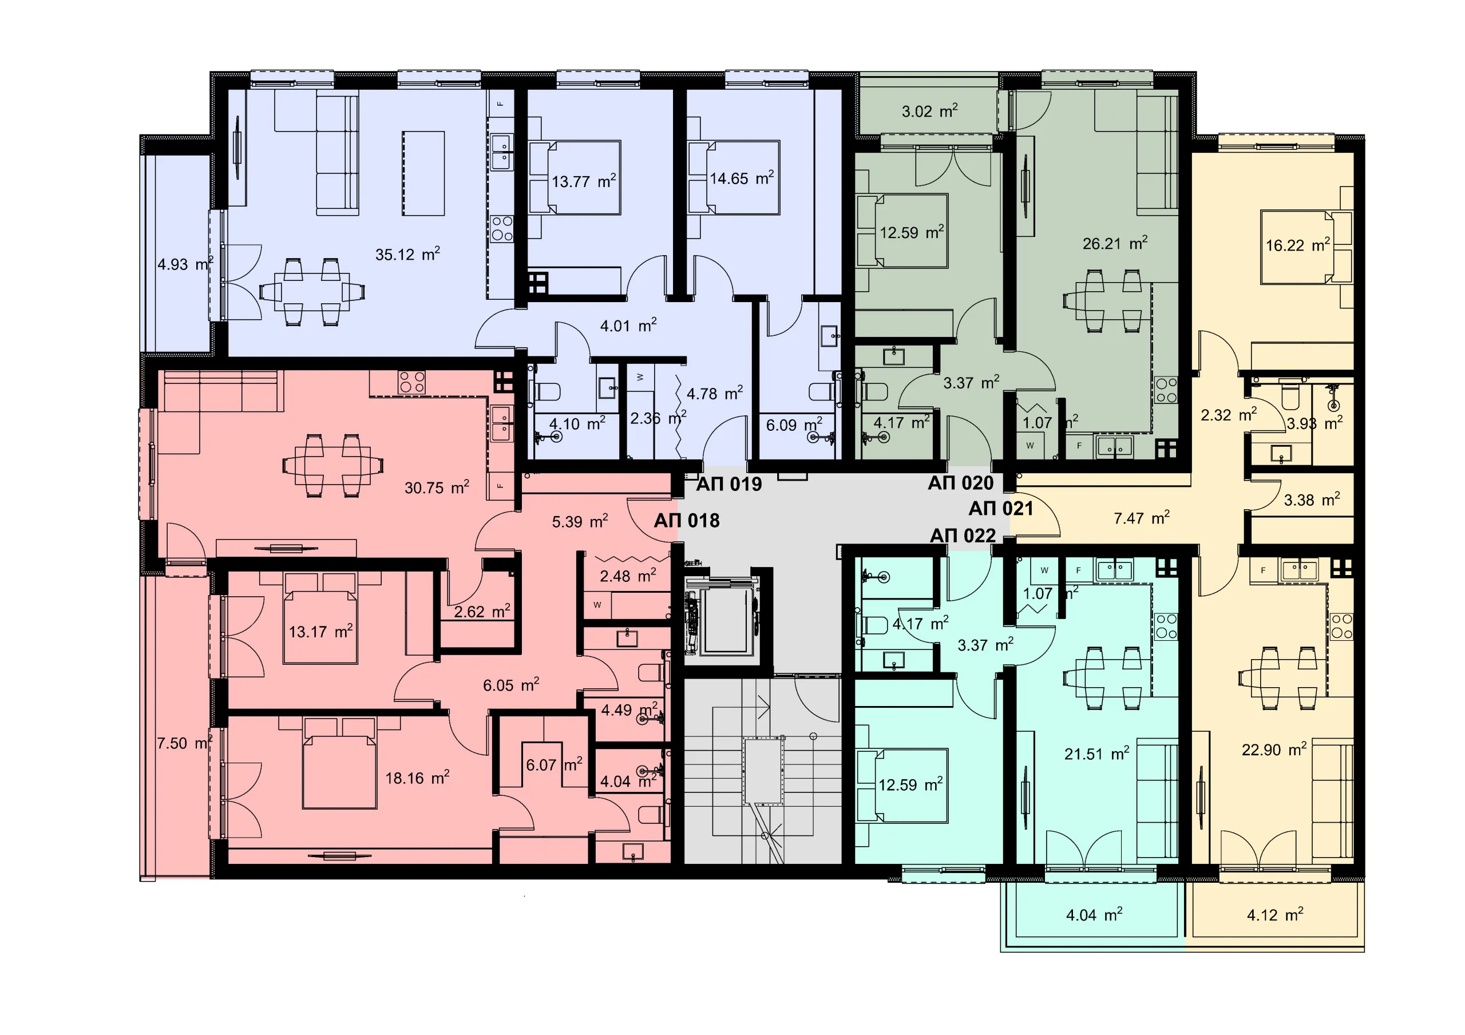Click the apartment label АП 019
[728, 485]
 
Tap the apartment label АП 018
[687, 521]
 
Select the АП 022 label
[963, 536]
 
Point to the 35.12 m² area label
[407, 254]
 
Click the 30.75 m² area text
[437, 487]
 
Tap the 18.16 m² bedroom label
[417, 777]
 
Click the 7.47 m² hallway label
[1142, 517]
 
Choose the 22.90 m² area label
[1274, 749]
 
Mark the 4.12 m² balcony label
[1275, 914]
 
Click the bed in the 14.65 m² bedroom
[743, 177]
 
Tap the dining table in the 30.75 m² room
[333, 466]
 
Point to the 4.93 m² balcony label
[185, 264]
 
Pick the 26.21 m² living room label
[1115, 243]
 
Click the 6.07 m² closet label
[554, 764]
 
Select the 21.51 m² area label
[1097, 754]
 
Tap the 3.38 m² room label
[1312, 499]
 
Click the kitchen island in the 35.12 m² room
[423, 173]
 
